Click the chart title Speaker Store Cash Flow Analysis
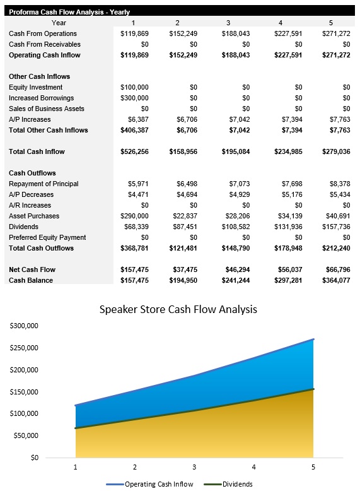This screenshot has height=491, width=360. pos(178,310)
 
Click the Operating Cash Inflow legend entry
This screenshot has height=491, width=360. pos(159,484)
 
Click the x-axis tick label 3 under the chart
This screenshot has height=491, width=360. pos(194,467)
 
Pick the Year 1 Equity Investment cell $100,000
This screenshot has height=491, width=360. pos(134,87)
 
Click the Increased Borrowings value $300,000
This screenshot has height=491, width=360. pos(134,98)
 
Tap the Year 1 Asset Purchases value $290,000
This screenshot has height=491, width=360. pos(134,216)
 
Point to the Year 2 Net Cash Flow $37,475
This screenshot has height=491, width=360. pos(183,269)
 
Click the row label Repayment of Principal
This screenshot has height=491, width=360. pos(44,184)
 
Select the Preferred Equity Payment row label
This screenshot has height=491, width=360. pos(47,237)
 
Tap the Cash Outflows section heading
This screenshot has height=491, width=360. pos(32,173)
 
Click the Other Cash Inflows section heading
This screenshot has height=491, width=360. pos(39,76)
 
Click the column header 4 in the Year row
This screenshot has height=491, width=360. pos(280,23)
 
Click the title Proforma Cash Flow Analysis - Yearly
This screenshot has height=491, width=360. pos(69,12)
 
